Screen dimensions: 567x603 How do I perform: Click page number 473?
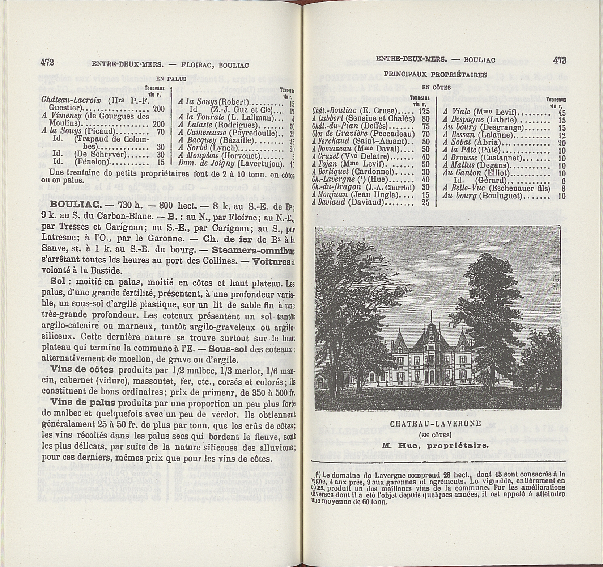click(x=559, y=60)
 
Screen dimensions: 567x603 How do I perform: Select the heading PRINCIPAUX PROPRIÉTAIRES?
click(x=435, y=75)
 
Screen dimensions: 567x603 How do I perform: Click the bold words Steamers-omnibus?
click(x=253, y=250)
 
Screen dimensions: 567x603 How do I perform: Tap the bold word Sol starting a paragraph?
click(x=60, y=281)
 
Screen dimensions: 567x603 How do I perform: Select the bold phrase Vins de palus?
click(x=83, y=402)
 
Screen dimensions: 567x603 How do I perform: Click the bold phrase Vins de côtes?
click(x=82, y=370)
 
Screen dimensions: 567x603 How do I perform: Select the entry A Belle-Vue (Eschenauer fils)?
click(x=496, y=188)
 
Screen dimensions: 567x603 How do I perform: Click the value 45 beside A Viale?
click(x=562, y=113)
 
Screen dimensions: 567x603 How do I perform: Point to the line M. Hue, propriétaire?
click(x=435, y=446)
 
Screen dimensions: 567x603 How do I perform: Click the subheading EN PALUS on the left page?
click(x=171, y=79)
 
